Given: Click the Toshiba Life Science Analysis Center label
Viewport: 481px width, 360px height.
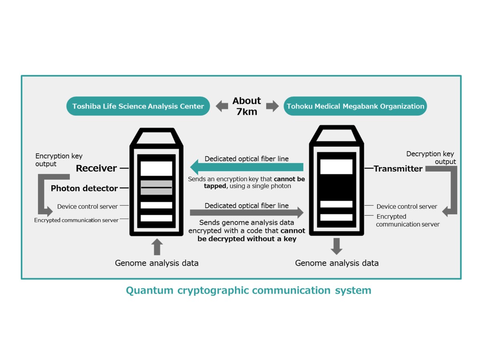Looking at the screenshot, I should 138,106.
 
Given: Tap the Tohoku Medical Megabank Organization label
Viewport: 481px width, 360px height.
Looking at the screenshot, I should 355,106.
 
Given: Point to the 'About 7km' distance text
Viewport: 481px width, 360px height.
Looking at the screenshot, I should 247,106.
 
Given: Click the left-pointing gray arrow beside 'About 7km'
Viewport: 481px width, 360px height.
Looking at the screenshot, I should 221,106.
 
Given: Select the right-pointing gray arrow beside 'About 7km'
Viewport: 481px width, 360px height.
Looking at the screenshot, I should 272,106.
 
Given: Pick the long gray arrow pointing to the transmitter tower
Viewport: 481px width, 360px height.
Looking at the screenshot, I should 246,212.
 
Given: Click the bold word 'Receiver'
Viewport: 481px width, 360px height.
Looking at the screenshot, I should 96,168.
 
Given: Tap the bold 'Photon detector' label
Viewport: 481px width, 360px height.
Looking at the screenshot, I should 84,188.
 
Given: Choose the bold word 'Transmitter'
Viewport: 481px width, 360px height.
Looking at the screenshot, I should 398,169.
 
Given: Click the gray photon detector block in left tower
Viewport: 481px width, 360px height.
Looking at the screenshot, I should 156,188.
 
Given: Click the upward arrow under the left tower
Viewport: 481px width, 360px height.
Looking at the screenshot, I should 157,247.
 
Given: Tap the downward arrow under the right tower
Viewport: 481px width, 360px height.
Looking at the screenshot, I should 336,246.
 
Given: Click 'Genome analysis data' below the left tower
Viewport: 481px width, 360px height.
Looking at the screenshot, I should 157,263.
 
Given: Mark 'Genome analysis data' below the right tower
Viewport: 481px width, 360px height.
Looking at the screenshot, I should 337,263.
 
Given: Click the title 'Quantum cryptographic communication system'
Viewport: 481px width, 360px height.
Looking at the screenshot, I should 249,290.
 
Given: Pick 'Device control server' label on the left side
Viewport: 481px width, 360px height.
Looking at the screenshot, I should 87,206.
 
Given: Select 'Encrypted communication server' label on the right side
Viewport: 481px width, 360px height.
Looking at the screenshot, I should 407,220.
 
